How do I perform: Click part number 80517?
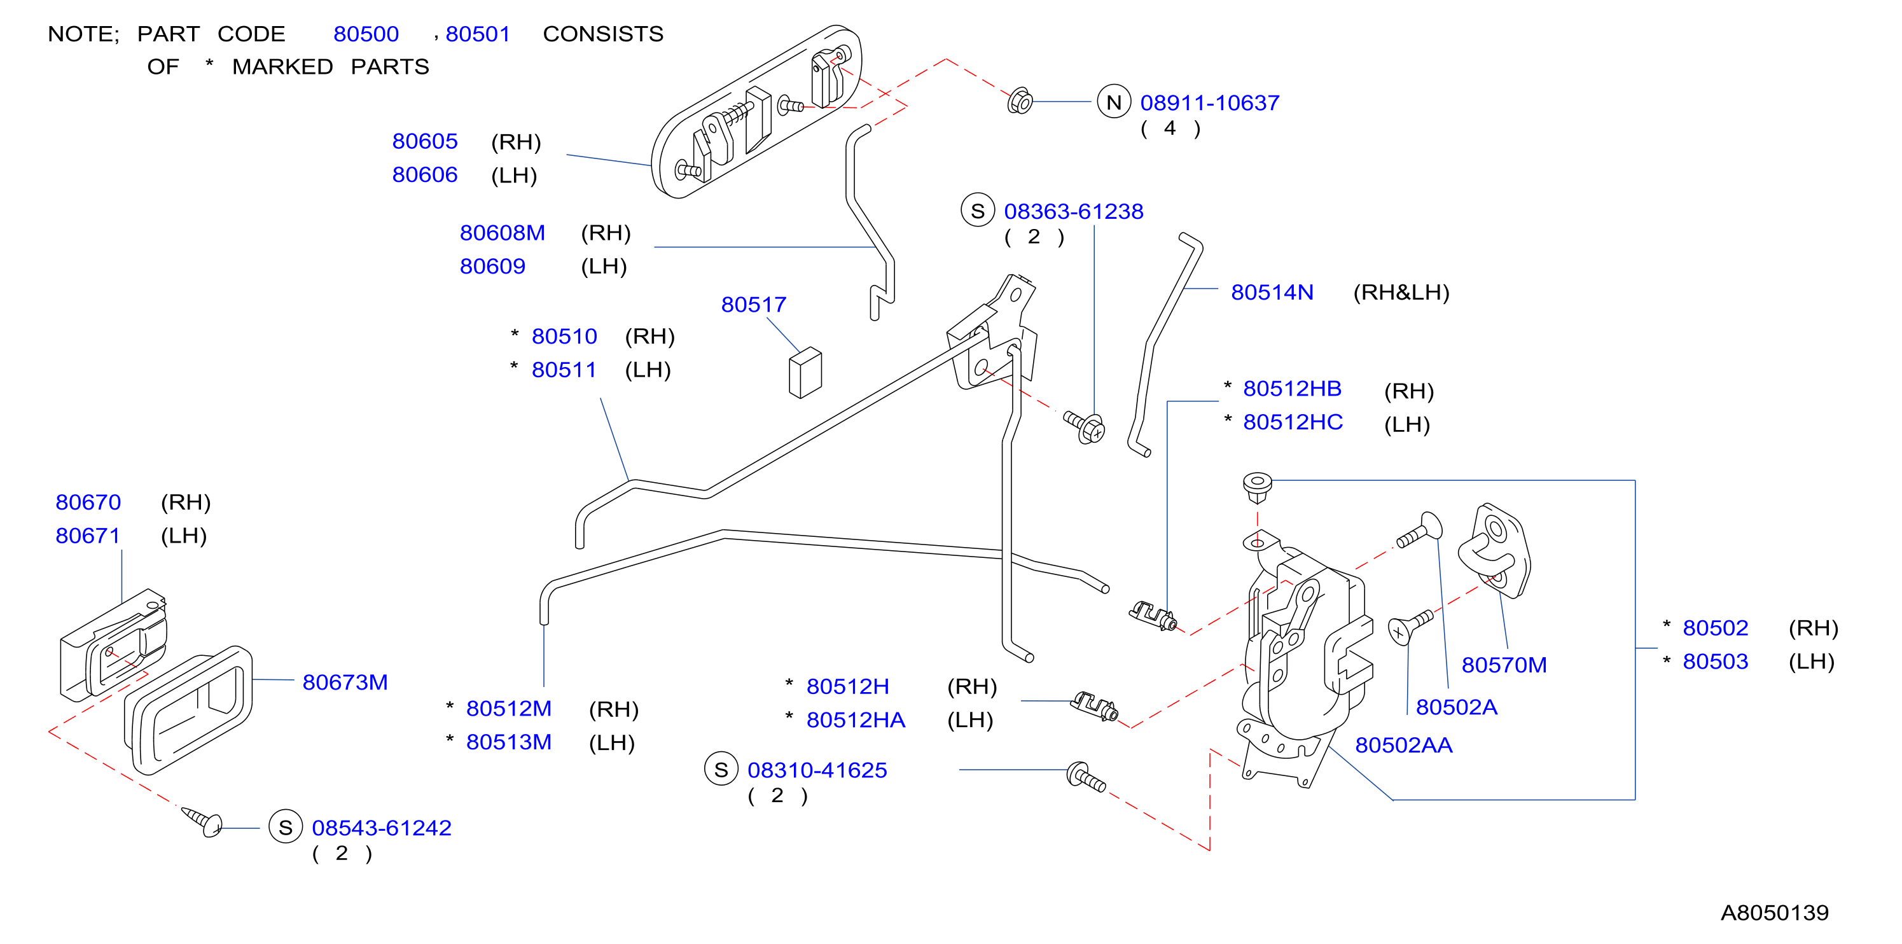click(x=753, y=304)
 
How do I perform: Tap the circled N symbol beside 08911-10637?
click(x=1113, y=102)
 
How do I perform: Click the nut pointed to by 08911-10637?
click(x=1020, y=101)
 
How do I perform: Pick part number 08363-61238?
click(x=1074, y=211)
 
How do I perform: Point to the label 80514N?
click(x=1272, y=292)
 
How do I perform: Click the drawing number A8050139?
click(x=1774, y=913)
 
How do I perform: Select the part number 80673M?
click(x=345, y=682)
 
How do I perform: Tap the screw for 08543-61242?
click(x=203, y=821)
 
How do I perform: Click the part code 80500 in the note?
click(x=366, y=34)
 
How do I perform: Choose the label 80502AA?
click(x=1404, y=746)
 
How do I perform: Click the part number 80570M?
click(x=1504, y=665)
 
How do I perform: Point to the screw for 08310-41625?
click(x=1086, y=777)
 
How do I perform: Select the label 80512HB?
click(x=1292, y=389)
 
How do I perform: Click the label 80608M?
click(x=502, y=233)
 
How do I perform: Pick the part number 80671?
click(x=88, y=536)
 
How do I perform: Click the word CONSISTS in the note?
click(x=603, y=34)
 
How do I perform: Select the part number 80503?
click(x=1715, y=662)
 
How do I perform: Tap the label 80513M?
click(x=509, y=742)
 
